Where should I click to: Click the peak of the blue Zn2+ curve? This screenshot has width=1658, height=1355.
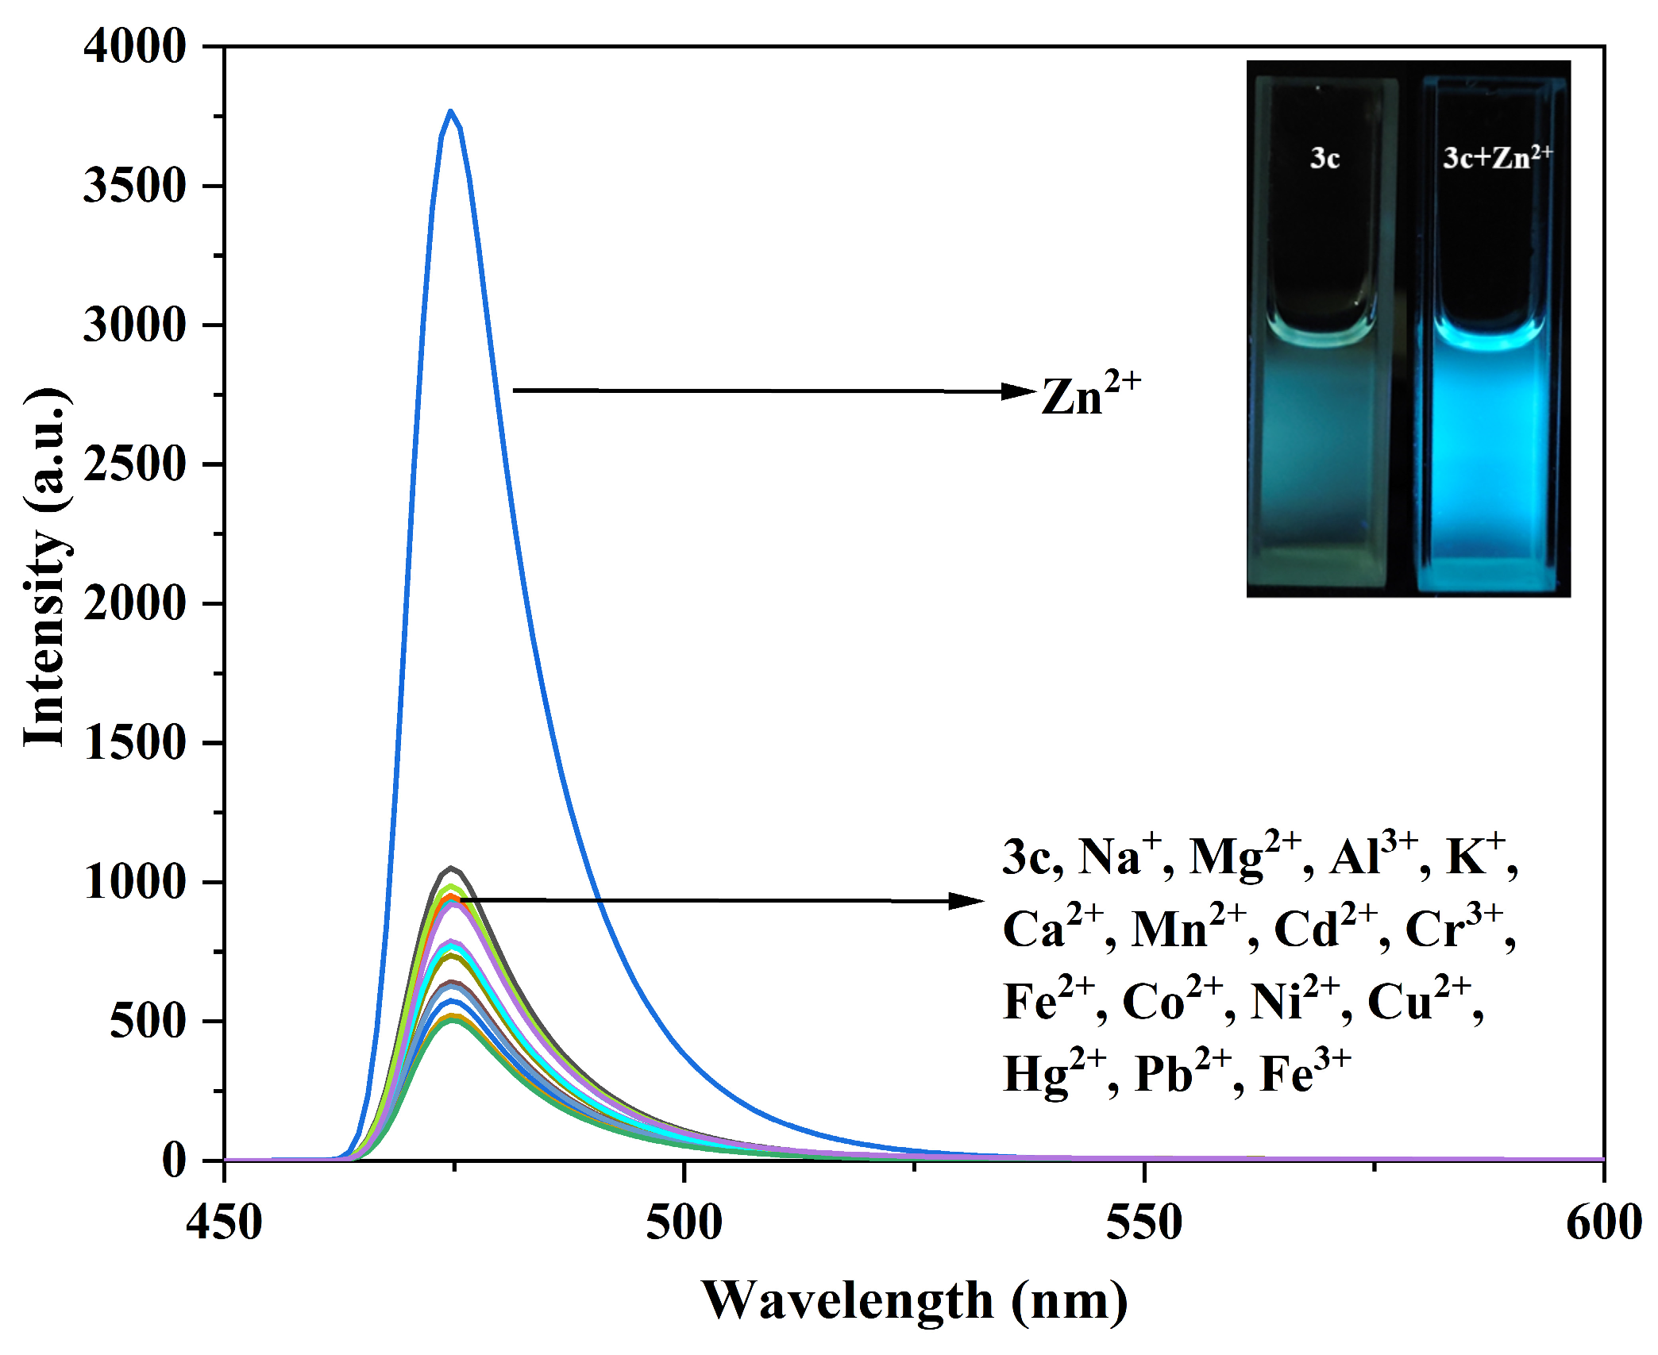pyautogui.click(x=450, y=112)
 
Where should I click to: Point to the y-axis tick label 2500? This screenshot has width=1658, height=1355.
pyautogui.click(x=134, y=464)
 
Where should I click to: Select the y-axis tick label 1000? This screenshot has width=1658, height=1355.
pyautogui.click(x=134, y=882)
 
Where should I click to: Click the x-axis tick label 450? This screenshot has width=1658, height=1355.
pyautogui.click(x=224, y=1222)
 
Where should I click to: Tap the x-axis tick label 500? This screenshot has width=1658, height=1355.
pyautogui.click(x=684, y=1222)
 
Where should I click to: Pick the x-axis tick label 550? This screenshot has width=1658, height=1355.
pyautogui.click(x=1143, y=1222)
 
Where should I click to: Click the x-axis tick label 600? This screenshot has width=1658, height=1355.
pyautogui.click(x=1603, y=1222)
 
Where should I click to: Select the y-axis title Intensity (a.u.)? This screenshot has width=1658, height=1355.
pyautogui.click(x=46, y=568)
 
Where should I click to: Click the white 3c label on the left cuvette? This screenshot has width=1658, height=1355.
pyautogui.click(x=1324, y=159)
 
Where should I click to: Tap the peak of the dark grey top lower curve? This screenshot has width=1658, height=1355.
pyautogui.click(x=450, y=868)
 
